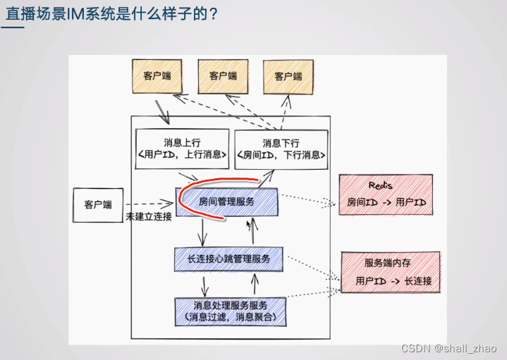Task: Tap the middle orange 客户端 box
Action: [222, 76]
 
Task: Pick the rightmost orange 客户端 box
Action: [288, 77]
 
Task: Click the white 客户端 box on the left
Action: [98, 204]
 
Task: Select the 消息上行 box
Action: [182, 149]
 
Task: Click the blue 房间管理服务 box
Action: [227, 201]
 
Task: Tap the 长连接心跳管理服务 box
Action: [229, 259]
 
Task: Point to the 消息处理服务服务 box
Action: [230, 311]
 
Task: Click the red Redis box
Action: [384, 194]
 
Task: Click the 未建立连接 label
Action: [149, 216]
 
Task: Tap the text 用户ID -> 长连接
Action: [393, 280]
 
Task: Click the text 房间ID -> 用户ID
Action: [386, 202]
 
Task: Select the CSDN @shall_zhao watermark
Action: [449, 349]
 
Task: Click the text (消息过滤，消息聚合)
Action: [230, 317]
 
